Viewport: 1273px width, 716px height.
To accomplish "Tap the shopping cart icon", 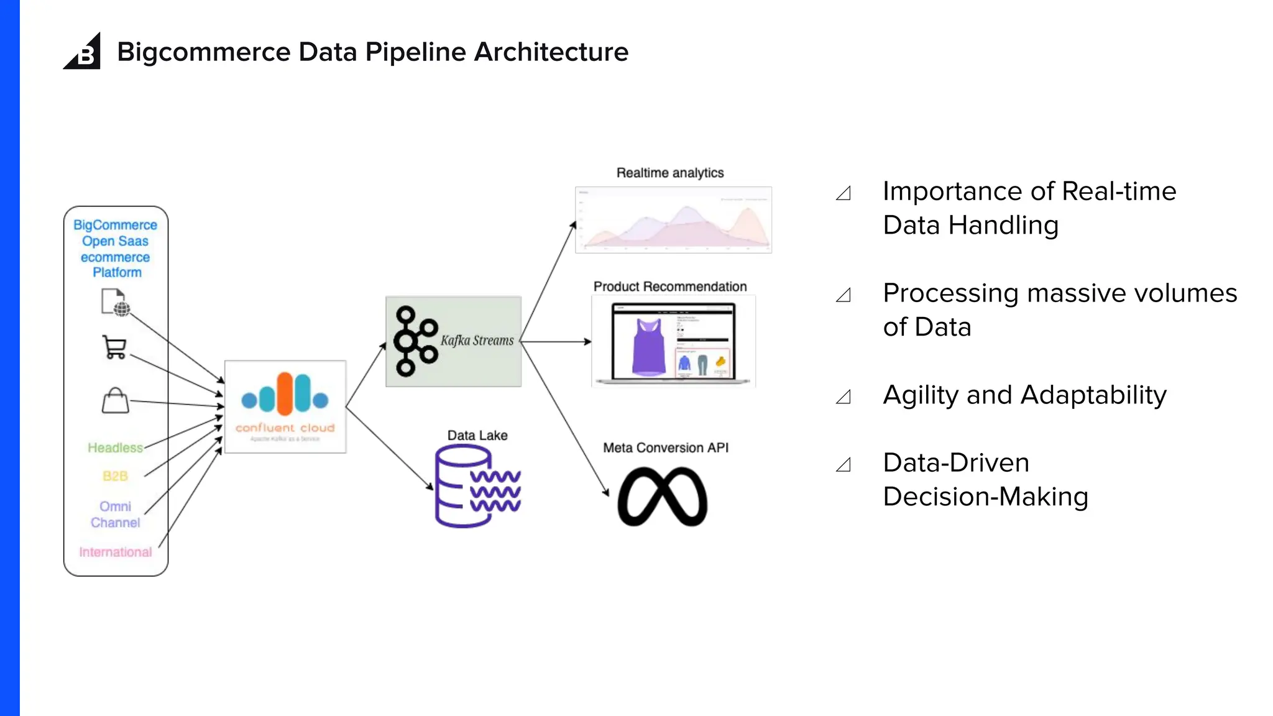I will click(114, 347).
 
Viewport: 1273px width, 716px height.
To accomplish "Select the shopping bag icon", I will click(115, 401).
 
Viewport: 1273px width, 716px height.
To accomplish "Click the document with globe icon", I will click(115, 303).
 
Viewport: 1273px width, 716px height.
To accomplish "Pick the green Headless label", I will click(115, 447).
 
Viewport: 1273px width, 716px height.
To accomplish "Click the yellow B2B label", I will click(115, 476).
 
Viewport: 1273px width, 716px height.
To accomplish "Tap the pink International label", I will click(115, 552).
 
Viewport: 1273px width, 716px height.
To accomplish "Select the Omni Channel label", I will click(115, 515).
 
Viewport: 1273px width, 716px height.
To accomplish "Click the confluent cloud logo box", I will click(285, 406).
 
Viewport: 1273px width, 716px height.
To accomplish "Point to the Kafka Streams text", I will click(477, 341).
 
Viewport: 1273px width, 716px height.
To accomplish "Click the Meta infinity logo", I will click(663, 497).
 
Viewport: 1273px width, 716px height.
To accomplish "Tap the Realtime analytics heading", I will click(669, 173).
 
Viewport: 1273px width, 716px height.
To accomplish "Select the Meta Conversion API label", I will click(665, 447).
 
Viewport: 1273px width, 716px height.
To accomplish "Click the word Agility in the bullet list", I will click(920, 395).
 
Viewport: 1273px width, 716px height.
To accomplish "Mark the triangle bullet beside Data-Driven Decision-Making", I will click(843, 465).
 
